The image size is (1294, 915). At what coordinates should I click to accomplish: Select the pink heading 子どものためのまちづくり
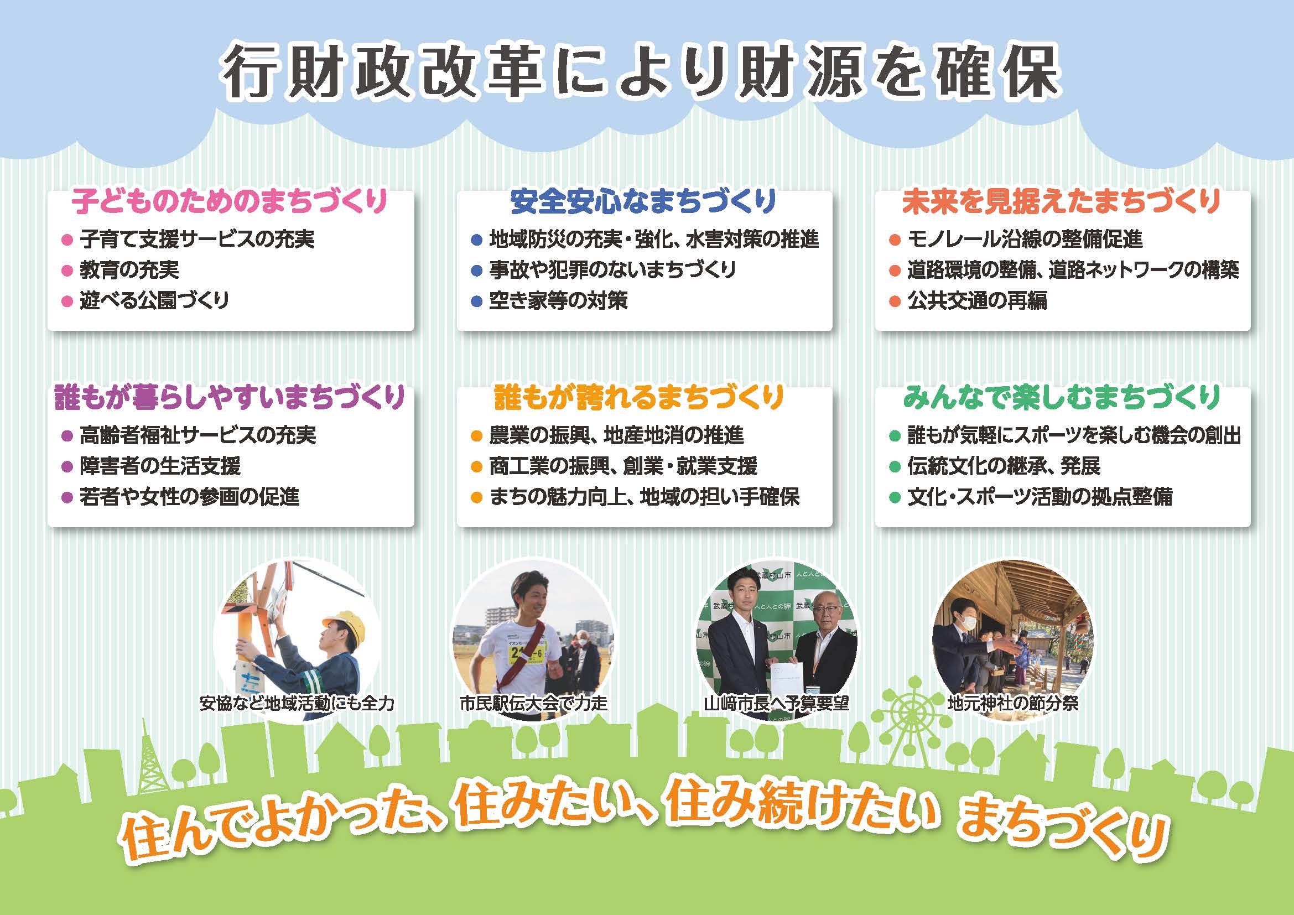(x=230, y=201)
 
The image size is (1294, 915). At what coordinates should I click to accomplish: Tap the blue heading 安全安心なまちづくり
(x=643, y=201)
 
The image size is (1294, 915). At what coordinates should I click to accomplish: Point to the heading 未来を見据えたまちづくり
(x=1062, y=201)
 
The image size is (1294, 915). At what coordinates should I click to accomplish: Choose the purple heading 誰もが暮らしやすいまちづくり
(x=230, y=397)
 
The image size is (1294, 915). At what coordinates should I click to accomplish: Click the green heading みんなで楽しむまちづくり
(x=1062, y=397)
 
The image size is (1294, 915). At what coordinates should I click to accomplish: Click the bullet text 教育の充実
(x=129, y=270)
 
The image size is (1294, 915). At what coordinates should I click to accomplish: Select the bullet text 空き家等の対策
(x=558, y=300)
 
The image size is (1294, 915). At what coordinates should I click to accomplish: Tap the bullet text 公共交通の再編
(x=977, y=300)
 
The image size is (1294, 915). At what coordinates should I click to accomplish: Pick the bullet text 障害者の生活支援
(x=160, y=466)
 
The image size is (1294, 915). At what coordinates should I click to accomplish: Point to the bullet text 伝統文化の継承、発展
(x=1004, y=466)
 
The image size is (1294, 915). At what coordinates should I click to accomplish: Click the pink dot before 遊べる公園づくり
(x=67, y=301)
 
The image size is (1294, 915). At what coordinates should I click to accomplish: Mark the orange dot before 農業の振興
(x=476, y=436)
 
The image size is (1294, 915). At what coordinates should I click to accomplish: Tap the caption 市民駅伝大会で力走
(x=533, y=703)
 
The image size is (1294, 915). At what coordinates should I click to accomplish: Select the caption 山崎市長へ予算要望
(x=776, y=703)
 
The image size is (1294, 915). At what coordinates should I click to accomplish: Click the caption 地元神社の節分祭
(x=1013, y=703)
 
